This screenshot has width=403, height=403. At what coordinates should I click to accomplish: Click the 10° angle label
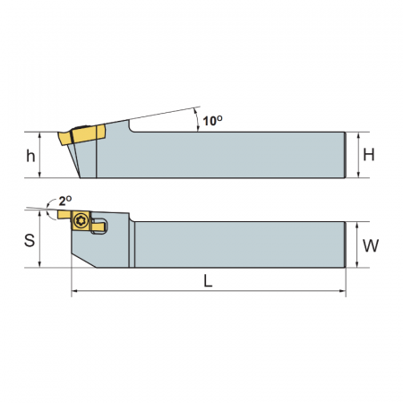212,121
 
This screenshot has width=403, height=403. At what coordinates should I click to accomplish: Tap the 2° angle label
65,201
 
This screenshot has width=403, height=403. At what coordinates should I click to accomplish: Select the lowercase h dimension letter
30,156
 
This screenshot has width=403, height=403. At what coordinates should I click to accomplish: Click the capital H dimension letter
369,155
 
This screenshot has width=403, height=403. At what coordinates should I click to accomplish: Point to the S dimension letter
30,240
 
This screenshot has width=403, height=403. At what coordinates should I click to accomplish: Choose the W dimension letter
371,245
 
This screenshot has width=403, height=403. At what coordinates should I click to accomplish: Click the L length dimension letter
208,281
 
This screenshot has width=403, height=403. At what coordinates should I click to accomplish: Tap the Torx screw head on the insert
81,221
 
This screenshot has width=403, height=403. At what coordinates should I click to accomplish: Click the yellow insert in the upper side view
81,135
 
